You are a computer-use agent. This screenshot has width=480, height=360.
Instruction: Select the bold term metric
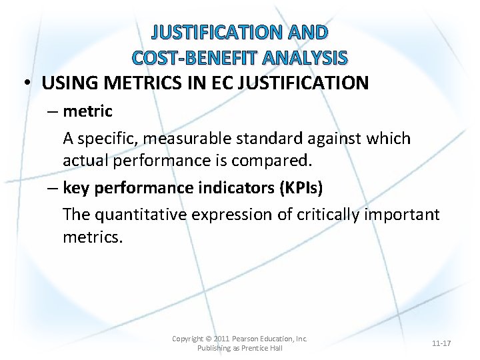[x=87, y=111]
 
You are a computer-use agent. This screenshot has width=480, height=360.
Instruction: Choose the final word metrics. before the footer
[x=93, y=237]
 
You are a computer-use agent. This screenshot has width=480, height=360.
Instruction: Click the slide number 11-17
[x=441, y=343]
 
